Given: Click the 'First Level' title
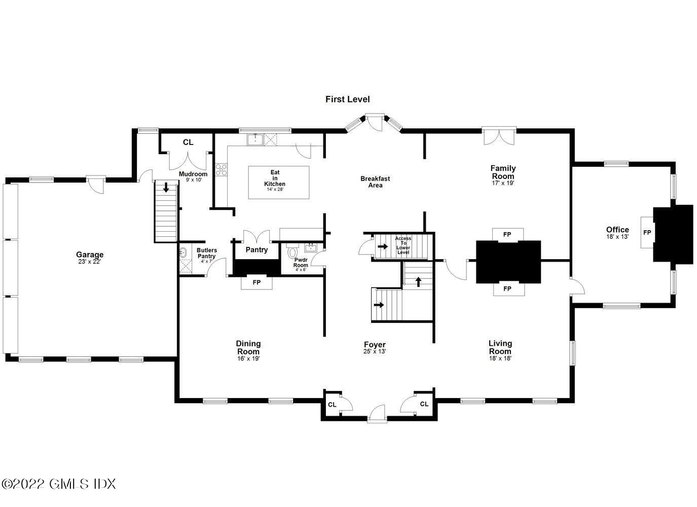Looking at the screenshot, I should click(347, 99).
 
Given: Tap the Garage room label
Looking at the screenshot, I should click(90, 255).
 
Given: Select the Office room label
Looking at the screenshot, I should click(617, 230).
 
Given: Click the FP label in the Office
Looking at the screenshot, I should click(647, 233).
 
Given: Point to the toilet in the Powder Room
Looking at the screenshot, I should click(292, 252).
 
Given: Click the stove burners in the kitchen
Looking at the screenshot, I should click(221, 169).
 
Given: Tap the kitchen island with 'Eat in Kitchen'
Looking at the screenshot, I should click(278, 182).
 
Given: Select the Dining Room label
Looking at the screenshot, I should click(248, 348).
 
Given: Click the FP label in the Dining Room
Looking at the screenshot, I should click(256, 282).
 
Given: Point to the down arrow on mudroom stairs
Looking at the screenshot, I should click(166, 187).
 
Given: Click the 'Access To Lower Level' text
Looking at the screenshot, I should click(403, 245).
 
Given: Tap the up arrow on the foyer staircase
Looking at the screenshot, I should click(418, 281).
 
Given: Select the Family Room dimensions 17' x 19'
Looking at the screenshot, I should click(502, 183).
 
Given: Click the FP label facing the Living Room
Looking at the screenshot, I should click(507, 289).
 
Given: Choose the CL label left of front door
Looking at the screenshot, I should click(332, 405).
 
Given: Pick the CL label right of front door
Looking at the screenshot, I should click(424, 404).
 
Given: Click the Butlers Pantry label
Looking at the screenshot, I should click(207, 253).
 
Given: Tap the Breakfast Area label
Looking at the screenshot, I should click(375, 182).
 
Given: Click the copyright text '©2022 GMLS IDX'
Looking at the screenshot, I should click(58, 484).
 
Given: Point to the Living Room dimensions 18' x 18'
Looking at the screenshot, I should click(500, 358).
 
